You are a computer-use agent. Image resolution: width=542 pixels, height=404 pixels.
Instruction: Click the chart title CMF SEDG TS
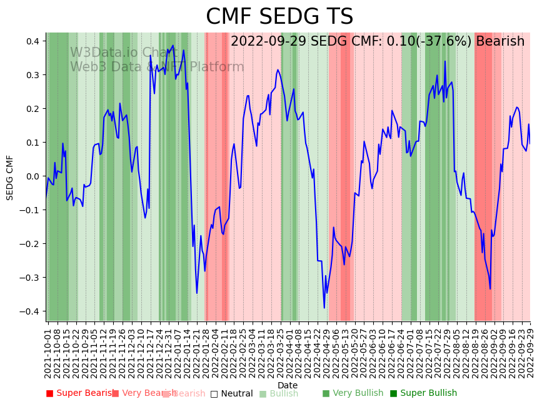click(279, 17)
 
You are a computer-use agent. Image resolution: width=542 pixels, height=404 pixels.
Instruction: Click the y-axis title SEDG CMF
click(10, 177)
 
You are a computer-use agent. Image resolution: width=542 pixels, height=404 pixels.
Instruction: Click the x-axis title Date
click(288, 385)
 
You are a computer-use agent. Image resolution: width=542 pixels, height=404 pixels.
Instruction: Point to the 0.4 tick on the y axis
click(32, 41)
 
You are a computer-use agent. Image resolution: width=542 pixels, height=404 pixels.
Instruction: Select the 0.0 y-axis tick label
click(32, 176)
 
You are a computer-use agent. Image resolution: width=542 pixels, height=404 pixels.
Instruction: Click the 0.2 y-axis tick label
click(32, 109)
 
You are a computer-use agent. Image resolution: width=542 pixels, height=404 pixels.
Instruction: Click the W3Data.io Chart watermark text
click(123, 53)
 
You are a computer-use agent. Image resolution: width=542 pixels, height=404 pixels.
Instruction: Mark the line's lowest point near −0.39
click(324, 308)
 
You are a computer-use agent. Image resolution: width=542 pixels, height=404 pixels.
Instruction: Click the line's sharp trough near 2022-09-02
click(490, 288)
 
